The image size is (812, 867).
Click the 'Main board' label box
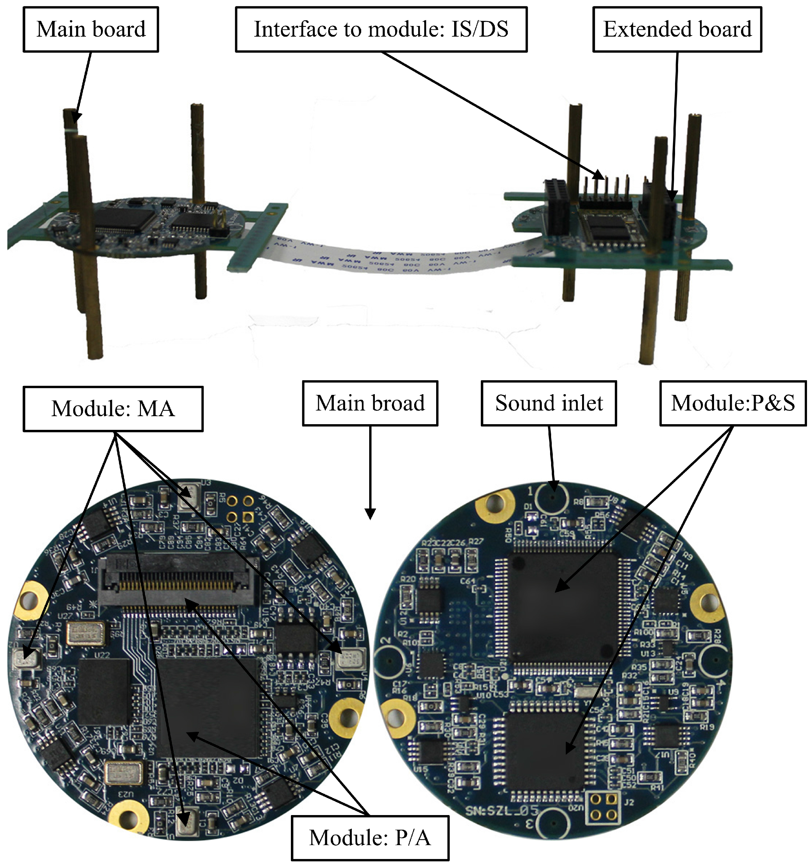click(x=91, y=29)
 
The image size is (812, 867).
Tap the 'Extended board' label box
click(x=677, y=29)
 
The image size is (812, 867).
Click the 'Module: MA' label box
click(x=113, y=409)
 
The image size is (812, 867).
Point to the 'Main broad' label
click(x=370, y=403)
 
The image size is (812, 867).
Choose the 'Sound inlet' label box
click(x=548, y=403)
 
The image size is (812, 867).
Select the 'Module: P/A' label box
click(x=370, y=837)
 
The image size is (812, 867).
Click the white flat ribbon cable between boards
click(x=384, y=257)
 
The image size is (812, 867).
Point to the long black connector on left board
click(x=177, y=582)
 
